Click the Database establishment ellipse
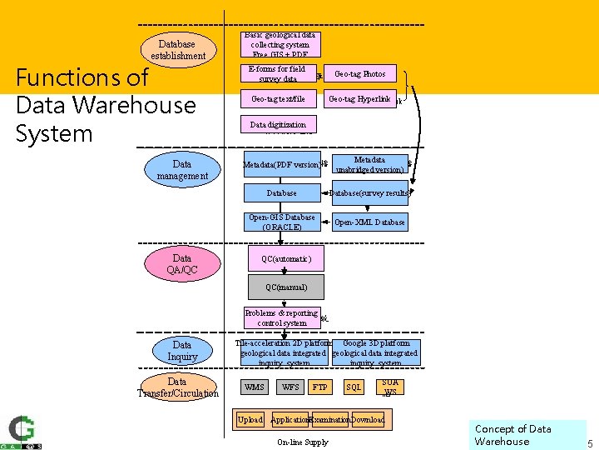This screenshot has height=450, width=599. tap(178, 50)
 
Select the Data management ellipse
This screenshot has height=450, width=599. tap(182, 169)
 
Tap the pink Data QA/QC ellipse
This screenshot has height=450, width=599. tap(182, 263)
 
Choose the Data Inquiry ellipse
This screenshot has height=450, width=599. tap(182, 351)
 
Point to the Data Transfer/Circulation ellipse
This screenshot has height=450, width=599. tap(177, 387)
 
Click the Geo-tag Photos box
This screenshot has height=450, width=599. tap(359, 74)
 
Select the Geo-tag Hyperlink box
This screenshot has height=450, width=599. tap(359, 99)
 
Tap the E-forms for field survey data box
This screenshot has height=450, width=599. tap(278, 74)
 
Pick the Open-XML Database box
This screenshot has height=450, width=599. tap(369, 222)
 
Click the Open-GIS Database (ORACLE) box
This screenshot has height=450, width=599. tap(281, 222)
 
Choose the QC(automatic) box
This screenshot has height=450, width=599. tap(286, 259)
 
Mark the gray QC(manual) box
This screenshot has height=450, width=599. tap(286, 287)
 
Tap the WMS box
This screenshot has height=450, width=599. tap(255, 387)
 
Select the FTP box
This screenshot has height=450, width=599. tap(319, 387)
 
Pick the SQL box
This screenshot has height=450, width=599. tap(354, 387)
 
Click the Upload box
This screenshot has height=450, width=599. tap(250, 420)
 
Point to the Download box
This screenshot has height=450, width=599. tap(368, 420)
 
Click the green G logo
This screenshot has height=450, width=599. tap(21, 430)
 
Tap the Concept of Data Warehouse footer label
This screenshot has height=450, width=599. tap(513, 435)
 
